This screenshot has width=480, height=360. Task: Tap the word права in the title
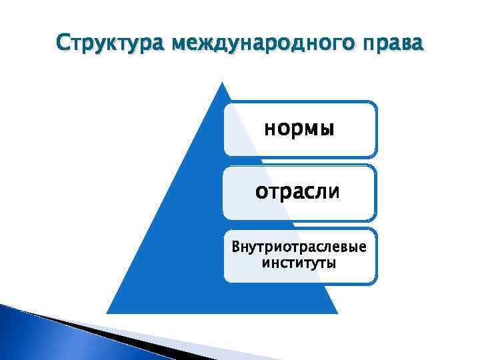pyautogui.click(x=395, y=45)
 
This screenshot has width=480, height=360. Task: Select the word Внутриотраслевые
pyautogui.click(x=299, y=247)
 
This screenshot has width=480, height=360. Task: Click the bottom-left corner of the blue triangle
pyautogui.click(x=107, y=313)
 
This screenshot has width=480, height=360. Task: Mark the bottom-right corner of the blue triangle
pyautogui.click(x=337, y=313)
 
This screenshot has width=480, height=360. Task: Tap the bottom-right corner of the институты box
pyautogui.click(x=375, y=282)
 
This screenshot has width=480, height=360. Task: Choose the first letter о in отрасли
pyautogui.click(x=262, y=192)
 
